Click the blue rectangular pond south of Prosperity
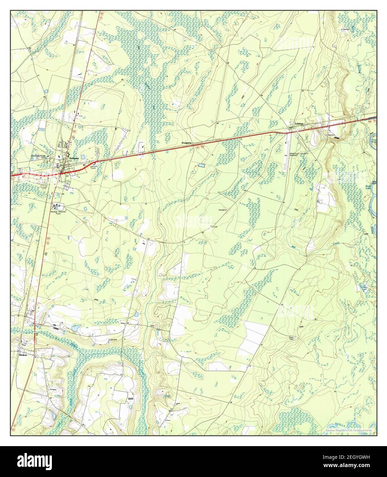[201, 165]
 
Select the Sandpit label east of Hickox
[113, 340]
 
